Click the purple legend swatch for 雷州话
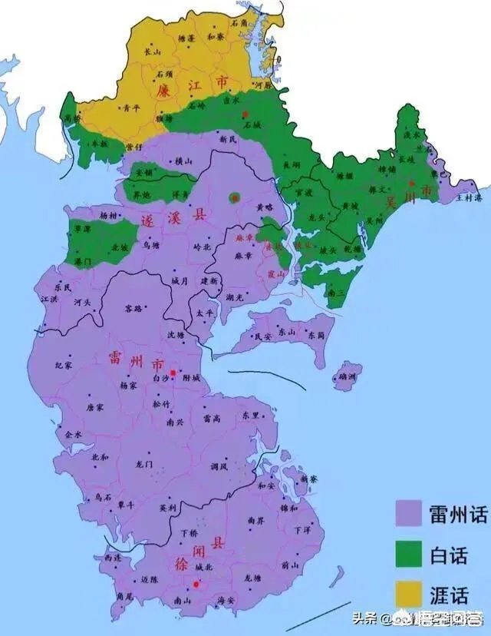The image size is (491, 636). pyautogui.click(x=409, y=513)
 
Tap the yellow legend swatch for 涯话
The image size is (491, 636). pyautogui.click(x=409, y=592)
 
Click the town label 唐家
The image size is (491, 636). pyautogui.click(x=94, y=407)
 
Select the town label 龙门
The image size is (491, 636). pyautogui.click(x=145, y=464)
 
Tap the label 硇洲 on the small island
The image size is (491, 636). pyautogui.click(x=347, y=377)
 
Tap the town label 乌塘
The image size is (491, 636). pyautogui.click(x=151, y=245)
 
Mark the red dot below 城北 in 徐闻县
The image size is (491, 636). pyautogui.click(x=196, y=585)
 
